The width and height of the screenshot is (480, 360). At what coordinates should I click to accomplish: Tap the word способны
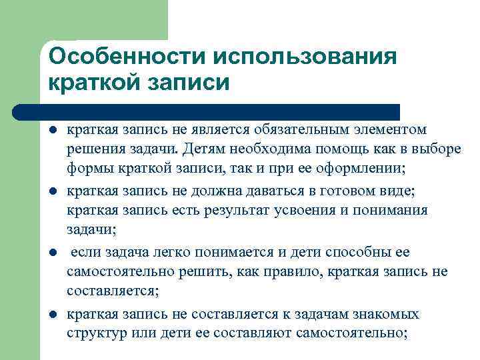(356, 253)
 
